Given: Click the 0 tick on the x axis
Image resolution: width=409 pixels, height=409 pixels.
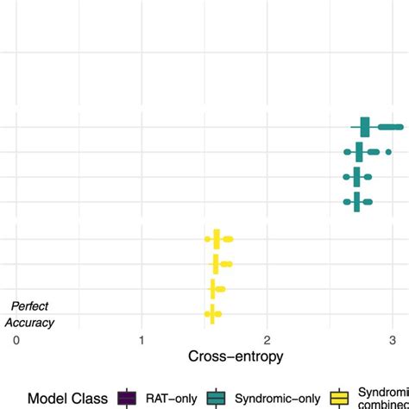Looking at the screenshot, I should [16, 340].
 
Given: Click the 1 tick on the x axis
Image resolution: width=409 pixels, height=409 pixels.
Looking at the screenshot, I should [142, 340].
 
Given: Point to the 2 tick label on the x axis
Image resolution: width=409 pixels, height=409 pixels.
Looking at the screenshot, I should [267, 340].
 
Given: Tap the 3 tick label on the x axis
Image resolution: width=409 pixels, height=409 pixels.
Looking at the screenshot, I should [392, 340].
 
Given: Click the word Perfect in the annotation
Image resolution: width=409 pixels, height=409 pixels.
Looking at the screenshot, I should [32, 306].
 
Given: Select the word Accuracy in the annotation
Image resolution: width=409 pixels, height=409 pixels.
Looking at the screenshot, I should [30, 323].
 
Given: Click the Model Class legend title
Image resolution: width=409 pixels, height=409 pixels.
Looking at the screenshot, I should [67, 398].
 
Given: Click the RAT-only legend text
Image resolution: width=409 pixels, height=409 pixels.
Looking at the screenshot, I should [172, 398].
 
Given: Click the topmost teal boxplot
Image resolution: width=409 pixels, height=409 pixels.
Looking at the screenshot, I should [365, 128].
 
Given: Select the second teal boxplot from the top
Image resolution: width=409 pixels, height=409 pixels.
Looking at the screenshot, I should [360, 153].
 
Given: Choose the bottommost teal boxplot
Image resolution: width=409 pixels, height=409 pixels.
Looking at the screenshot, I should [356, 202].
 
